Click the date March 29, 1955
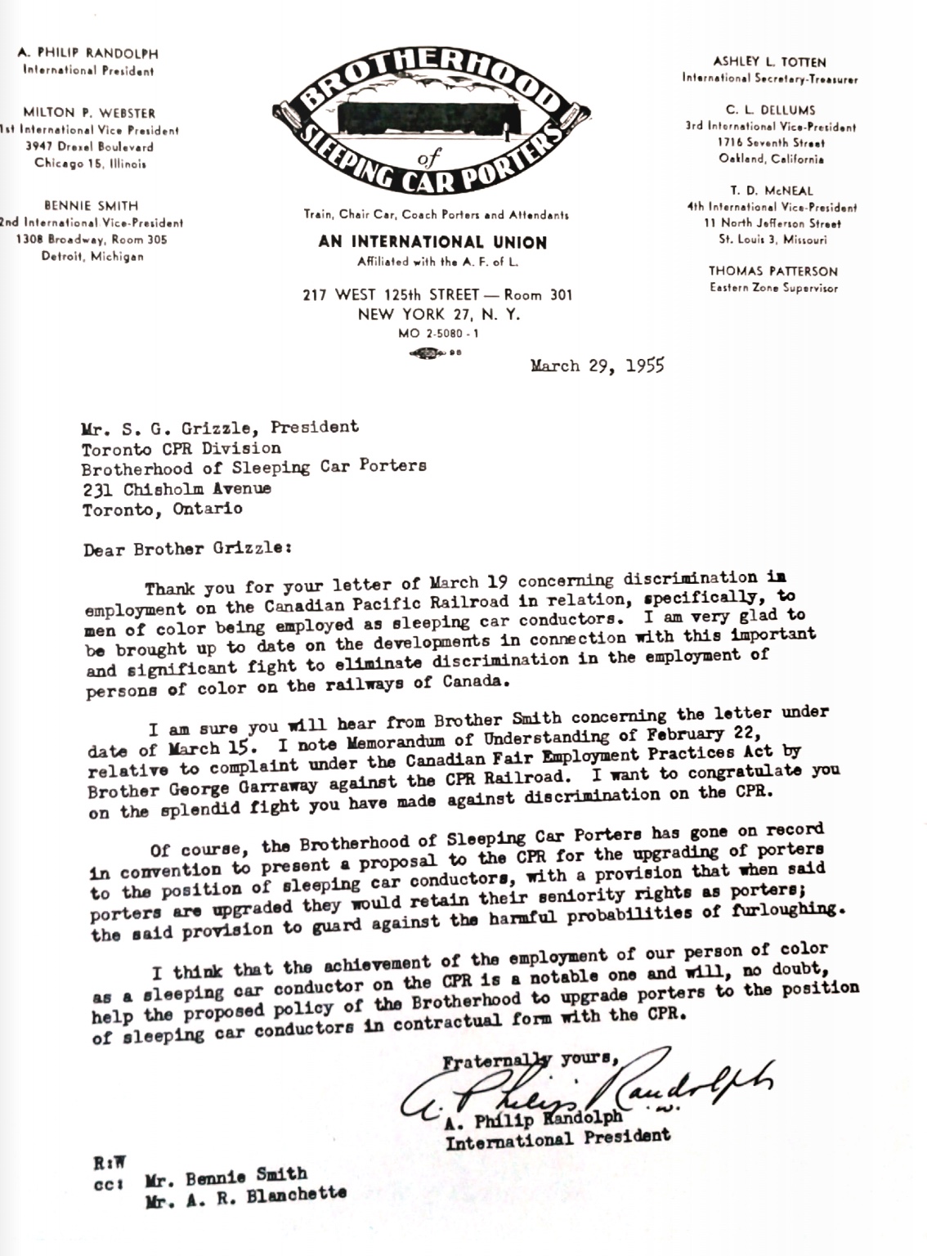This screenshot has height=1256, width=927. click(x=597, y=366)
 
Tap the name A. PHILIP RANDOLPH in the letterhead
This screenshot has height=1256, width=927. click(x=88, y=54)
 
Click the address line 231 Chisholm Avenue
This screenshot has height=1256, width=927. click(x=177, y=489)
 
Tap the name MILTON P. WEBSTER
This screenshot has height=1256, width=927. click(x=89, y=113)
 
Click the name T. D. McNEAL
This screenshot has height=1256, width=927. click(x=772, y=191)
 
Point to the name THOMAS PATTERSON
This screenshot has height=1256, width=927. click(x=772, y=271)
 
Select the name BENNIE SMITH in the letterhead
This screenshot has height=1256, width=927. click(x=91, y=206)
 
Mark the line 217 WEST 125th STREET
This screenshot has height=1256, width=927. click(x=437, y=295)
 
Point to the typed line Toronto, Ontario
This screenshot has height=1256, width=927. click(x=162, y=509)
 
